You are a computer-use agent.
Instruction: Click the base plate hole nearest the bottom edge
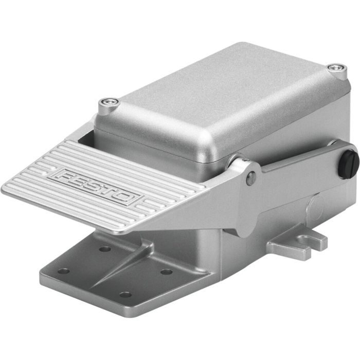tap(125, 295)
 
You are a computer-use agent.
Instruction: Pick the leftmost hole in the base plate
tap(63, 271)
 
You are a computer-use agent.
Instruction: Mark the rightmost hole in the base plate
tap(166, 271)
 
